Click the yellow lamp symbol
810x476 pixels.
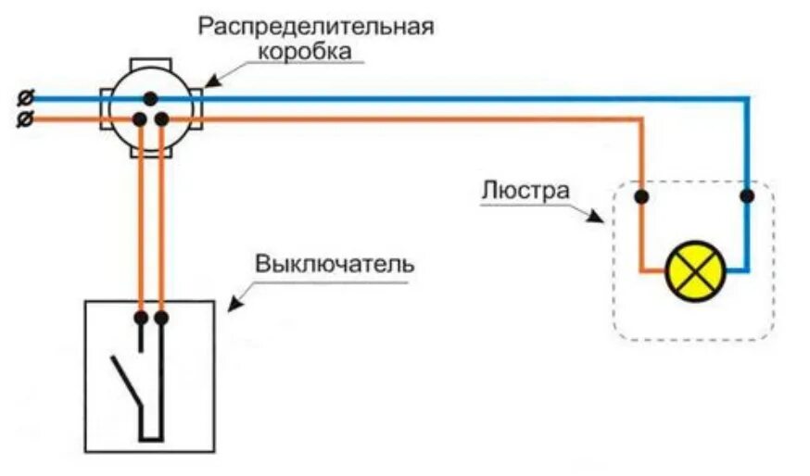pyautogui.click(x=695, y=271)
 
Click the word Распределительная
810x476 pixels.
pyautogui.click(x=316, y=26)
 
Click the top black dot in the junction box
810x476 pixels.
pyautogui.click(x=150, y=97)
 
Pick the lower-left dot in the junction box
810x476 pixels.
pyautogui.click(x=140, y=119)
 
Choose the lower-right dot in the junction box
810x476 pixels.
pyautogui.click(x=161, y=119)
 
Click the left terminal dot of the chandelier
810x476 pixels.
pyautogui.click(x=640, y=196)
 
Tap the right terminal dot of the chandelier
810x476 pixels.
pyautogui.click(x=747, y=196)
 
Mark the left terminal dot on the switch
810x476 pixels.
pyautogui.click(x=140, y=318)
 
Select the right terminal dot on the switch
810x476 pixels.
pyautogui.click(x=161, y=318)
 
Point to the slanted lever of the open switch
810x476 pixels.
pyautogui.click(x=126, y=380)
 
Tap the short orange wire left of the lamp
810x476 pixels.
pyautogui.click(x=654, y=271)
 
